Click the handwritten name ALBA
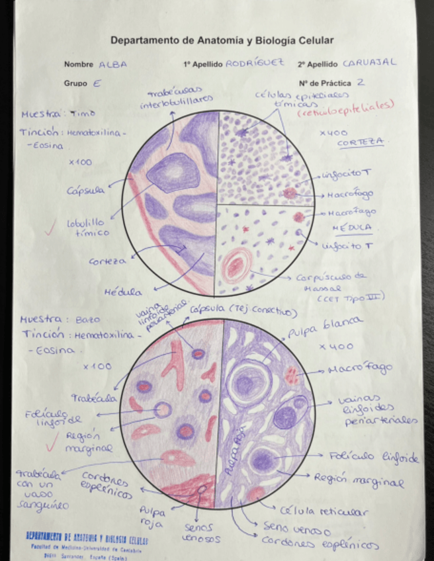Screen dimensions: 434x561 (112, 65)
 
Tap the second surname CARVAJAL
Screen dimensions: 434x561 (369, 63)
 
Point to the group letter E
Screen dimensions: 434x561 (97, 84)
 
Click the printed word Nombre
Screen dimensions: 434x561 (78, 65)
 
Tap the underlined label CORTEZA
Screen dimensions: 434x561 (361, 143)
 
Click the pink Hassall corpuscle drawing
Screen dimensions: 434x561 (236, 266)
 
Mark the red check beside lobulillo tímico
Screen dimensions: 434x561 (50, 230)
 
